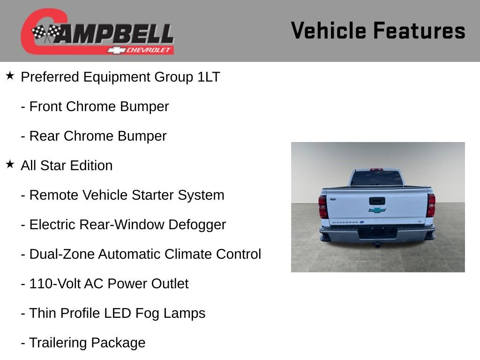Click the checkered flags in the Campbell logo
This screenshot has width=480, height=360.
[46, 33]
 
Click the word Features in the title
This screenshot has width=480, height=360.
[419, 31]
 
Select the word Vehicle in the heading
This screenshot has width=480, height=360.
[328, 31]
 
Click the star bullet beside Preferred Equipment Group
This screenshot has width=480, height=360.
[10, 75]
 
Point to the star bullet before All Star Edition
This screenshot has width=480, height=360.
[10, 164]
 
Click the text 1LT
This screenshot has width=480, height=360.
[209, 77]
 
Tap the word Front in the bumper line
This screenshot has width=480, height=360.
[46, 106]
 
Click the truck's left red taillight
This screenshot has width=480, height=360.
[323, 206]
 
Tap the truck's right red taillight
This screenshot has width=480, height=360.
[431, 205]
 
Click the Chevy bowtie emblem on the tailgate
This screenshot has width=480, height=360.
[377, 210]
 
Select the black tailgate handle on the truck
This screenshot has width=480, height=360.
[377, 201]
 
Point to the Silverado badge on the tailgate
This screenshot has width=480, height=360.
[344, 222]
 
